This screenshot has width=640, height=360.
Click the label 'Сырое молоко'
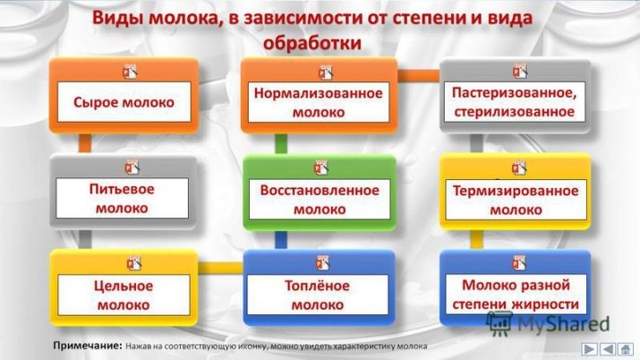[x=124, y=102]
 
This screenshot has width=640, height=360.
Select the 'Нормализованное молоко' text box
[x=319, y=102]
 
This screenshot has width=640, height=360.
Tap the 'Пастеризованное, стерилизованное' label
[x=515, y=102]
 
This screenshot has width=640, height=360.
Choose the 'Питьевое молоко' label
[x=122, y=199]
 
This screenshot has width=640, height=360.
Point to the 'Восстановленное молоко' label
[x=320, y=200]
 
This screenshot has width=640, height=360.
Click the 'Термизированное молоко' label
[x=516, y=200]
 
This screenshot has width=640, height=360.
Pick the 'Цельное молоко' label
[x=124, y=296]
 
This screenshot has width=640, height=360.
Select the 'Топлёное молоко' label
[x=317, y=296]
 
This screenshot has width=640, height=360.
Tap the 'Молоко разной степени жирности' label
[x=516, y=295]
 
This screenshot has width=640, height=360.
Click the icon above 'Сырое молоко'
[x=130, y=72]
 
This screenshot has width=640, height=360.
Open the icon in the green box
[x=321, y=167]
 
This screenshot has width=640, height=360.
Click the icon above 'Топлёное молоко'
[x=322, y=263]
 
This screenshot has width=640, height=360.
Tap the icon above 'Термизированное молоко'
[x=519, y=167]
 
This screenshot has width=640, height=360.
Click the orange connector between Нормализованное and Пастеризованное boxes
[x=418, y=75]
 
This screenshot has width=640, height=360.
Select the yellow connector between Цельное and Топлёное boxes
[x=221, y=268]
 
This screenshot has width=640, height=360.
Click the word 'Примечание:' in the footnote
[x=88, y=346]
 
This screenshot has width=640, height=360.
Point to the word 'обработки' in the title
[x=312, y=43]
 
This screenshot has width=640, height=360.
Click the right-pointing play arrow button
[x=589, y=349]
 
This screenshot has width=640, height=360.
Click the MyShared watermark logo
[x=548, y=323]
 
